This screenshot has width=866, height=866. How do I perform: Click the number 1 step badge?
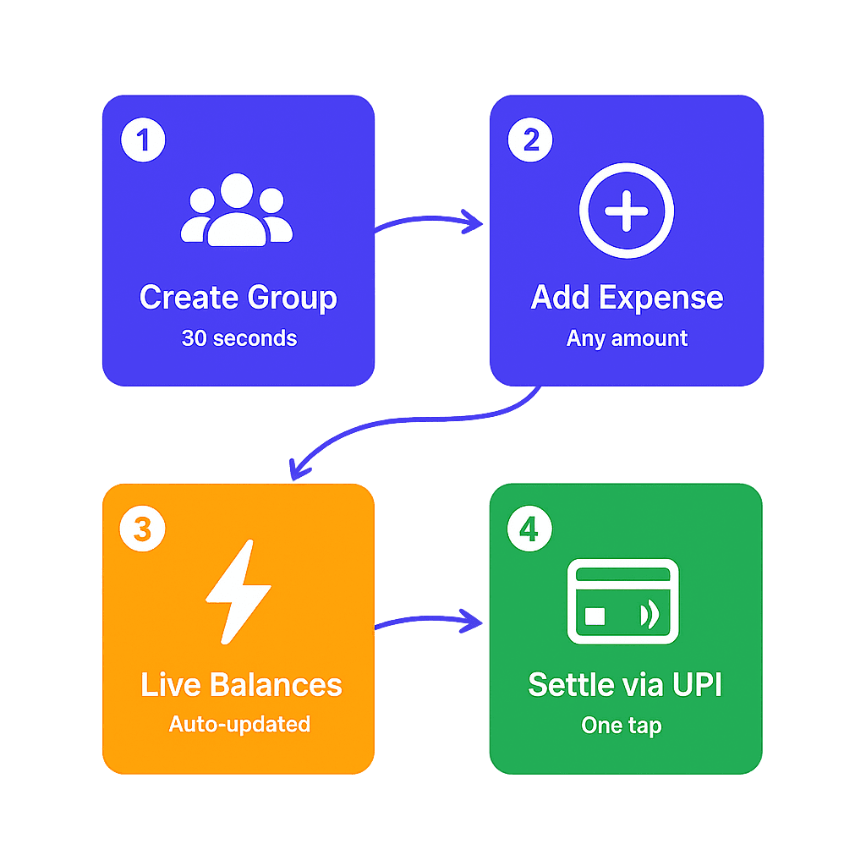[x=143, y=140]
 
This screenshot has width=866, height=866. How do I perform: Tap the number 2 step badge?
[x=530, y=140]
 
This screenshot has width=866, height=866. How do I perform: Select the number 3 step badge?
[x=142, y=529]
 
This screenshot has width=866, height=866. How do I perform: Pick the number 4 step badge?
[x=529, y=529]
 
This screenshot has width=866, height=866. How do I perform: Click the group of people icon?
[x=237, y=210]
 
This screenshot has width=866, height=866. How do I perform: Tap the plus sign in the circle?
[x=627, y=211]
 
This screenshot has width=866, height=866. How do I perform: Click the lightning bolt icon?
[x=238, y=591]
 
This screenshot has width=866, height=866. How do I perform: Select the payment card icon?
[x=623, y=601]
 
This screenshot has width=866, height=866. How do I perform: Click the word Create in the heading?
[x=189, y=297]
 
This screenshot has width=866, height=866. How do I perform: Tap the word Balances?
[x=277, y=685]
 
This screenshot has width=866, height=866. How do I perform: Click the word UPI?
[x=698, y=685]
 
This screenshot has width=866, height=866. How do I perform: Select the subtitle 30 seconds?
[x=239, y=338]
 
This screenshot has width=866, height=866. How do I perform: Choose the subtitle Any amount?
[x=627, y=338]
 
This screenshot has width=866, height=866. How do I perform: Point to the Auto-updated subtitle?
[x=239, y=724]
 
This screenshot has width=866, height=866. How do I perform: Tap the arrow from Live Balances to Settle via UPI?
[x=429, y=618]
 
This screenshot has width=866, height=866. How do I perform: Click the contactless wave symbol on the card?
[x=649, y=615]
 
